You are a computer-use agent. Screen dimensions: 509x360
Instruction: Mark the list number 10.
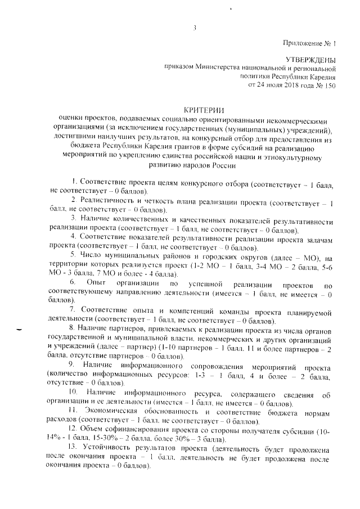coord(73,390)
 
